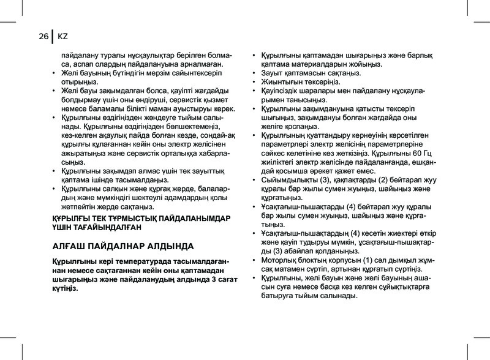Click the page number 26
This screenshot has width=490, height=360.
coord(42,37)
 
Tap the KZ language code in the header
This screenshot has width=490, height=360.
coord(63,37)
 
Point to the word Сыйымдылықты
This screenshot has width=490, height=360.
coord(290,180)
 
